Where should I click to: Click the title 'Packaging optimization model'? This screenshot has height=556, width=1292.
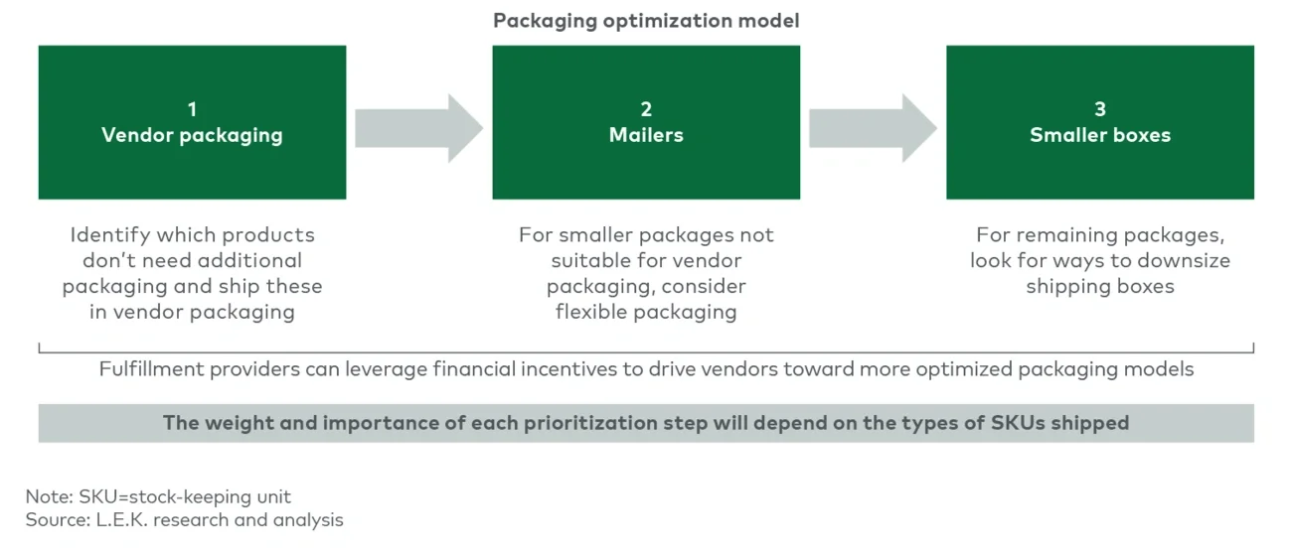tap(646, 20)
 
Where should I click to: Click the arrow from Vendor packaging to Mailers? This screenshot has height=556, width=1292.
tap(418, 128)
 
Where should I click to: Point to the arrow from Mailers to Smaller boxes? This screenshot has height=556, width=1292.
tap(873, 128)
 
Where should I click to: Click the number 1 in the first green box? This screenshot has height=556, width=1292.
tap(192, 109)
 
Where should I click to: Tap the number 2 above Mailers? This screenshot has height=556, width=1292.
tap(646, 109)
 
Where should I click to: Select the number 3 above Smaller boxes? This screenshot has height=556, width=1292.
tap(1099, 109)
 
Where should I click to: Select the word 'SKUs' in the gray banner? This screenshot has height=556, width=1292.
tap(1020, 423)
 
